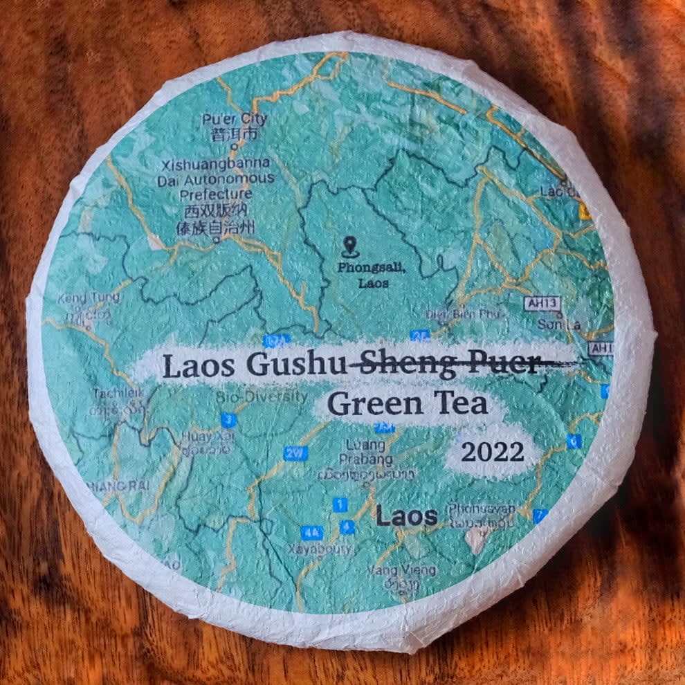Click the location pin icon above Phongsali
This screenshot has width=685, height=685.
(x=348, y=244)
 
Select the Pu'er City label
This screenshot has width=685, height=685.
(x=235, y=119)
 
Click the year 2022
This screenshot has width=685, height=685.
(x=493, y=453)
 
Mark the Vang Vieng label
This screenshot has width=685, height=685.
(x=402, y=571)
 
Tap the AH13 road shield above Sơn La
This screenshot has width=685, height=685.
(x=542, y=302)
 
